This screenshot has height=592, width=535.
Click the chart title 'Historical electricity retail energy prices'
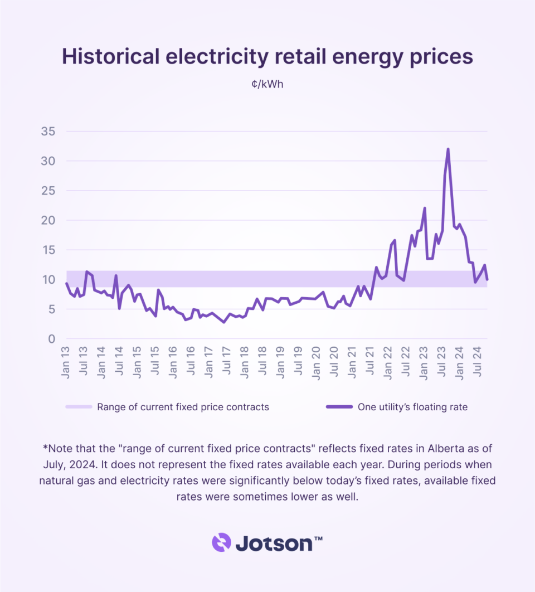coord(267,57)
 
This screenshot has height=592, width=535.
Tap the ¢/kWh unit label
coord(267,85)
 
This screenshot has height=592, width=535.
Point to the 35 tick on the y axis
coord(49,132)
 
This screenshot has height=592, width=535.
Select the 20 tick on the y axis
coord(49,220)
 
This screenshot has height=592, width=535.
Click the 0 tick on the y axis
coord(52,339)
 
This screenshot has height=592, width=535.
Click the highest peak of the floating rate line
coord(448,149)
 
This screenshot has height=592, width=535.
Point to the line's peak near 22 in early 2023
coord(425,208)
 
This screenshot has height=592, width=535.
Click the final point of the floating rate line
coord(488,279)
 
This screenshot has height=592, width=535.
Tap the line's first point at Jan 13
coord(66,283)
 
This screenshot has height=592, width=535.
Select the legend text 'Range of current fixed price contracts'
coord(183,407)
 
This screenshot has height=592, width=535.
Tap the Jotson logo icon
coord(221,542)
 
